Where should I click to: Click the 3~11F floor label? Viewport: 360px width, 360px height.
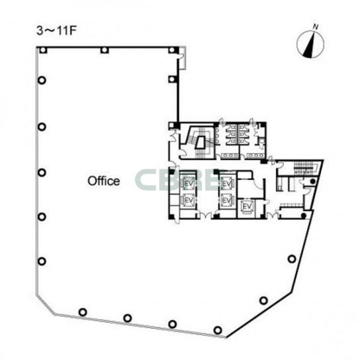pyautogui.click(x=56, y=31)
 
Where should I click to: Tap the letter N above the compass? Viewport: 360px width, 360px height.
pyautogui.click(x=316, y=27)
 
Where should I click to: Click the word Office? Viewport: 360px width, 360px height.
pyautogui.click(x=104, y=181)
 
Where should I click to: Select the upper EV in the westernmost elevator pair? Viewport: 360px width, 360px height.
pyautogui.click(x=188, y=184)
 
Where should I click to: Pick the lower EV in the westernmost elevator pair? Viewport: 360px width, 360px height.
pyautogui.click(x=188, y=201)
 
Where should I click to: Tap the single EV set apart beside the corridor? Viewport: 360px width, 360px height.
pyautogui.click(x=247, y=207)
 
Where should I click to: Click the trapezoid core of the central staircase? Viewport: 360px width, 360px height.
pyautogui.click(x=201, y=143)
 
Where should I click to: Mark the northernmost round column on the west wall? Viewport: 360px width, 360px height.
pyautogui.click(x=42, y=80)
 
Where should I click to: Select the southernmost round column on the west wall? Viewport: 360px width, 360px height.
pyautogui.click(x=42, y=261)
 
